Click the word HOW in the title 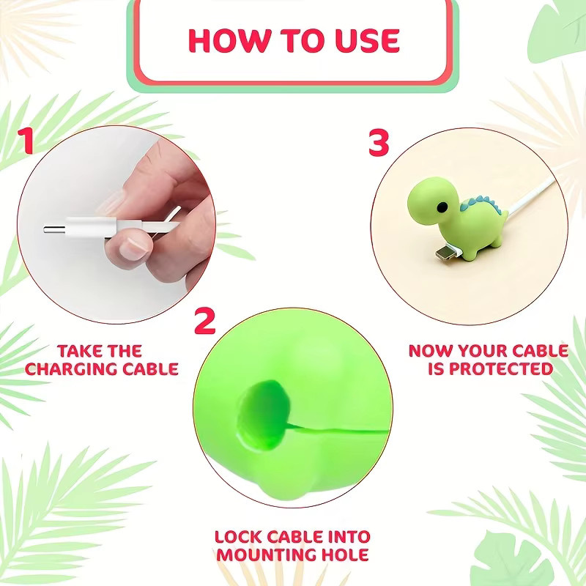tap(230, 40)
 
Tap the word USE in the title tap(367, 40)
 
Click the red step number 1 tap(26, 141)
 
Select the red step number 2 tap(205, 321)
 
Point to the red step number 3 tap(379, 142)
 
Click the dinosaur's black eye tap(442, 206)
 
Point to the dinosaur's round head tap(434, 200)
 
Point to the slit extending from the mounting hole tap(338, 430)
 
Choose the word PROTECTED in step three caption tap(501, 369)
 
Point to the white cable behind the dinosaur tap(530, 196)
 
